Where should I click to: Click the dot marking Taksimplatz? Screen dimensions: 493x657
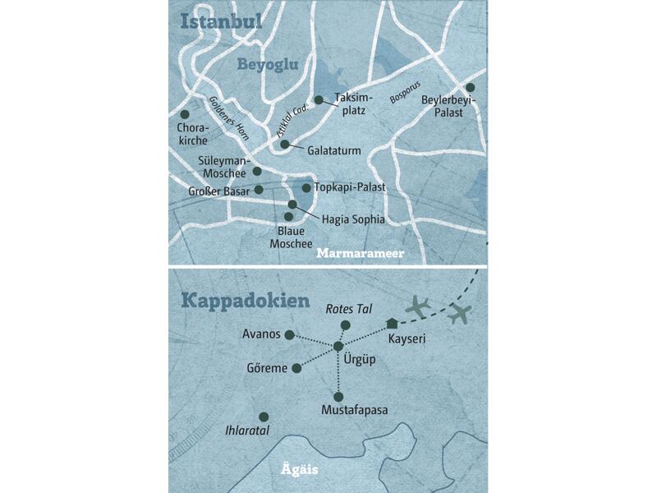(x=319, y=100)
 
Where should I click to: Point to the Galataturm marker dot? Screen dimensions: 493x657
(x=284, y=145)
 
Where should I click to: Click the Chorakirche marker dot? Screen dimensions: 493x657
(x=185, y=114)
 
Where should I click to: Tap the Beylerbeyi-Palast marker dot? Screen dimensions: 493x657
(x=471, y=87)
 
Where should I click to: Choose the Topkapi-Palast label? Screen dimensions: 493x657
(x=349, y=187)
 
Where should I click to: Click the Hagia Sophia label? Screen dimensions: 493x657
(x=353, y=219)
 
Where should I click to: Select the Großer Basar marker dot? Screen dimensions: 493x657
(x=259, y=190)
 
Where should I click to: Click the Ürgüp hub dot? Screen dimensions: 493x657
(x=338, y=347)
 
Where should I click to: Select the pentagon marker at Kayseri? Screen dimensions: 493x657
(x=392, y=323)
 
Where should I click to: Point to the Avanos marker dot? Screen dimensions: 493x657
(x=289, y=334)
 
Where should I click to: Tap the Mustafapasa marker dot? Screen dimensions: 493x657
(x=338, y=397)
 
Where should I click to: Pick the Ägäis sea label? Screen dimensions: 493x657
(x=293, y=471)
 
